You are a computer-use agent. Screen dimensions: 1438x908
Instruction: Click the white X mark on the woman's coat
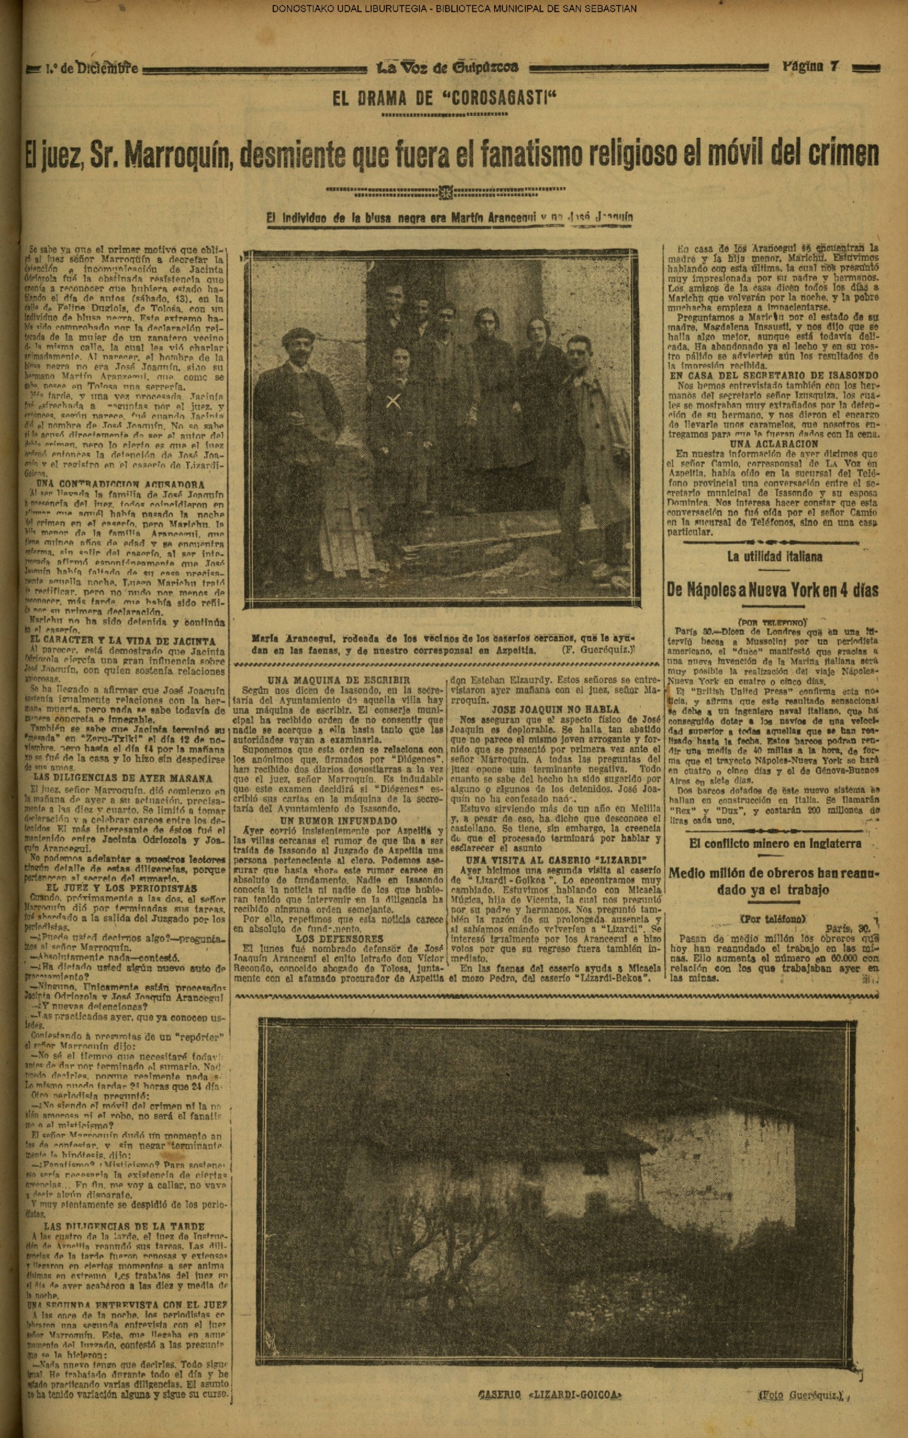(393, 402)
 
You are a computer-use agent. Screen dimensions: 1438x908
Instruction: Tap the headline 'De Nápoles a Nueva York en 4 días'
(772, 591)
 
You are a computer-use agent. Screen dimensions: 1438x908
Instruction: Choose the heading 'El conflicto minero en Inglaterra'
(775, 843)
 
